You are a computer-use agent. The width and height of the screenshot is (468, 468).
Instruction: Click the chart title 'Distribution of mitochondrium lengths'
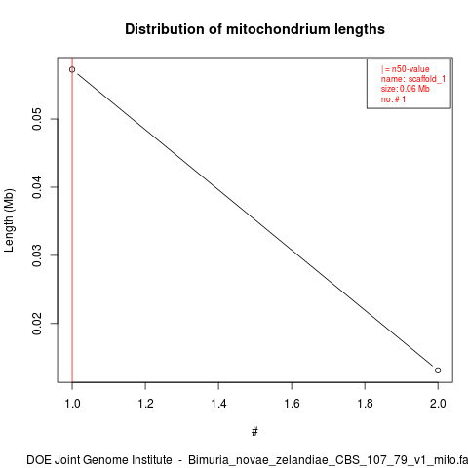(254, 29)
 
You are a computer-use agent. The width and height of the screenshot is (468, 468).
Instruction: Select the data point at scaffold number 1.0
(72, 69)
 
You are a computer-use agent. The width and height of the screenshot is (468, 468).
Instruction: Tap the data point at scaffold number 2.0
(438, 370)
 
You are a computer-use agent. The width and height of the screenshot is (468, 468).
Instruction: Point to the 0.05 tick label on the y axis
(37, 119)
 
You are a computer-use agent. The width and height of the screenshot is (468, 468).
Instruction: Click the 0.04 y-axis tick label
(37, 187)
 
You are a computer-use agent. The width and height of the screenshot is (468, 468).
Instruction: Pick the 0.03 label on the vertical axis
(37, 255)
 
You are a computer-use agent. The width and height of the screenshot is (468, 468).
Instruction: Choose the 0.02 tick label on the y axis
(37, 324)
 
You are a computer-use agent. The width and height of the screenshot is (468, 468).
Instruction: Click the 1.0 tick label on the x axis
(72, 404)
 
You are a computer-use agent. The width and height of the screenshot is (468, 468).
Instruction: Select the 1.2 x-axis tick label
(145, 404)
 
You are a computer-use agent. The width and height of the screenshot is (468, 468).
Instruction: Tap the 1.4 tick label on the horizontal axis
(218, 404)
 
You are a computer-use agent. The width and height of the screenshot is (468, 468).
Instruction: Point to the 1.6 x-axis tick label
(292, 404)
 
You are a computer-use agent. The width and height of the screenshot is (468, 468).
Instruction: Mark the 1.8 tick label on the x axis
(365, 404)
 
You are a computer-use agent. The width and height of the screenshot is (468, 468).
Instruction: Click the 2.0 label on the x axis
(438, 404)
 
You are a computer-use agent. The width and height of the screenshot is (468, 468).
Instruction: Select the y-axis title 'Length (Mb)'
(9, 220)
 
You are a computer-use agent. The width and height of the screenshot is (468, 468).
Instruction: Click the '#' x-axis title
(254, 432)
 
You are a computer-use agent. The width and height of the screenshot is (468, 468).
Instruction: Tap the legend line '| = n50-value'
(406, 69)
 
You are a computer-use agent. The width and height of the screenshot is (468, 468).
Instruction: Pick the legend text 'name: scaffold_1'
(413, 79)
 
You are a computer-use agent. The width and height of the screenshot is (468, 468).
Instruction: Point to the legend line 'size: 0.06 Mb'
(406, 89)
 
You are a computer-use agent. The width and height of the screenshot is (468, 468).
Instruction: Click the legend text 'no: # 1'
(393, 99)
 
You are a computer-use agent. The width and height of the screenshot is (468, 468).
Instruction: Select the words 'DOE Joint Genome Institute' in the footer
(99, 460)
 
